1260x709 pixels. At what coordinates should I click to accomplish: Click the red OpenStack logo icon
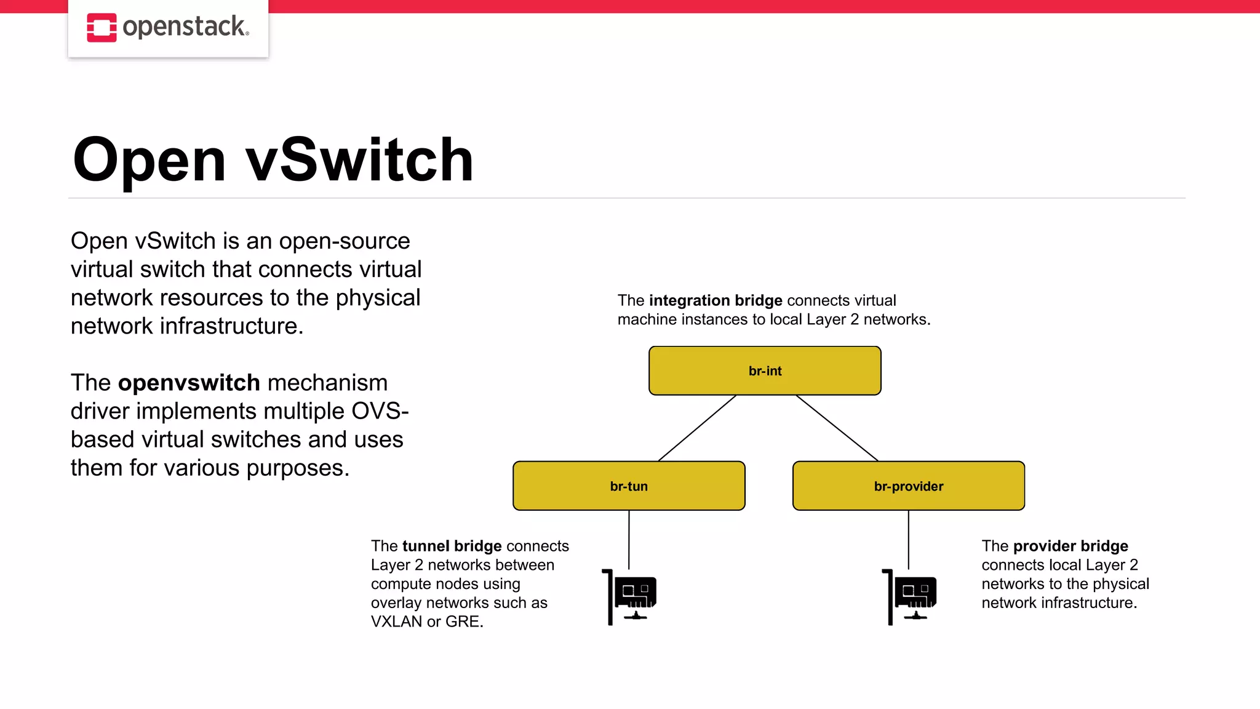click(102, 28)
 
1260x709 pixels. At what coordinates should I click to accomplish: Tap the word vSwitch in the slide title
click(359, 160)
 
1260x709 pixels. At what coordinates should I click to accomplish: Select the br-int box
click(765, 371)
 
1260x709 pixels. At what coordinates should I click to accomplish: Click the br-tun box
click(629, 486)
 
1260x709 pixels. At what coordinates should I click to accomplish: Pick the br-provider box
click(908, 486)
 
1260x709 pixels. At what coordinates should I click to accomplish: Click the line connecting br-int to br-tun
click(697, 428)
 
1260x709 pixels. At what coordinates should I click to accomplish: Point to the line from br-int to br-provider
click(837, 428)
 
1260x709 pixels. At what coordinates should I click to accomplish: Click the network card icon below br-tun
click(630, 596)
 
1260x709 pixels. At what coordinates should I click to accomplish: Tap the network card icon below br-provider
click(910, 596)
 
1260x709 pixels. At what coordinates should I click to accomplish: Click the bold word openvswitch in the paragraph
click(189, 383)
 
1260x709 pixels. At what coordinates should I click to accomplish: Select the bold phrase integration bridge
click(716, 300)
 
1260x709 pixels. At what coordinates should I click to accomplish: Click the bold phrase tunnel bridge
click(452, 546)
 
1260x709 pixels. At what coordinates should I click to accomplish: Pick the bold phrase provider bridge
click(1071, 546)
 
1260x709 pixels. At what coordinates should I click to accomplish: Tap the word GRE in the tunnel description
click(462, 622)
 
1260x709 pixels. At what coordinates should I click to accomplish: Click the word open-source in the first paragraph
click(344, 241)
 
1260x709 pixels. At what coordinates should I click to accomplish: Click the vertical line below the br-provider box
click(909, 539)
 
